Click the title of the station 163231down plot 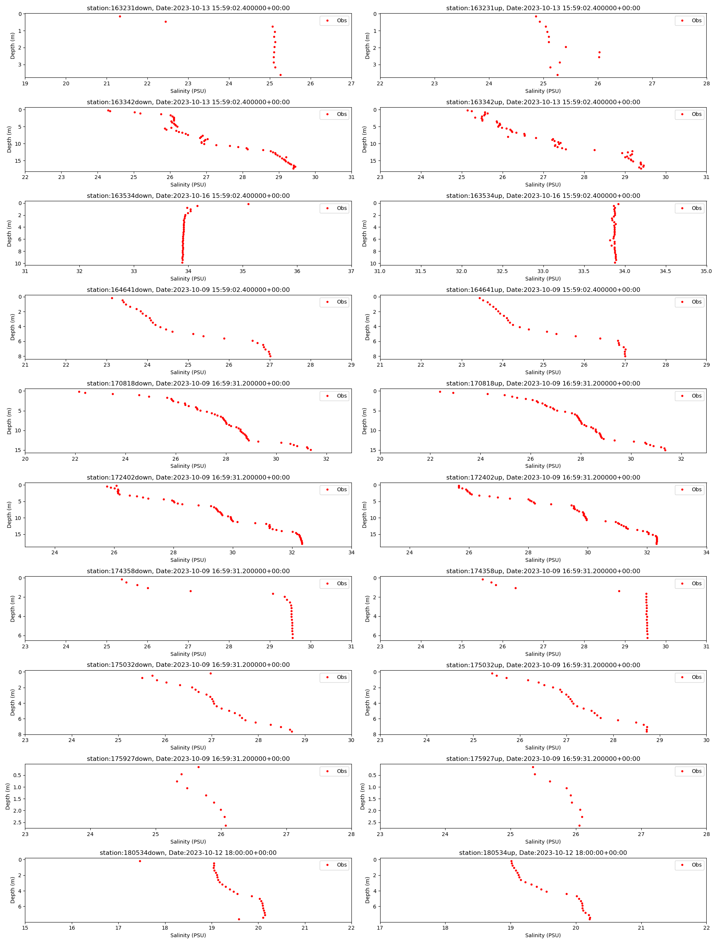[188, 8]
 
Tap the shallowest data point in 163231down [120, 17]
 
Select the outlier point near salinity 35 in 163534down [248, 204]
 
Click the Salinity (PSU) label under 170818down [188, 466]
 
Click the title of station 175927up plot [543, 759]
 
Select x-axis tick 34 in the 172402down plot [351, 552]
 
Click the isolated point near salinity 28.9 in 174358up [619, 591]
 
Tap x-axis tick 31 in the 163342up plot [706, 177]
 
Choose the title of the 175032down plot [188, 665]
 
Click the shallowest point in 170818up [440, 392]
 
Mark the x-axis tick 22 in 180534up [706, 928]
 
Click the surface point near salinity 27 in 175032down [210, 674]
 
